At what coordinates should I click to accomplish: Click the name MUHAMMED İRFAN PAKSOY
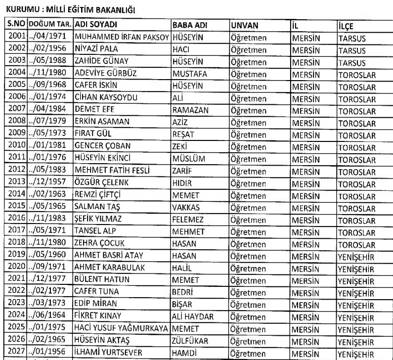click(x=122, y=37)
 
